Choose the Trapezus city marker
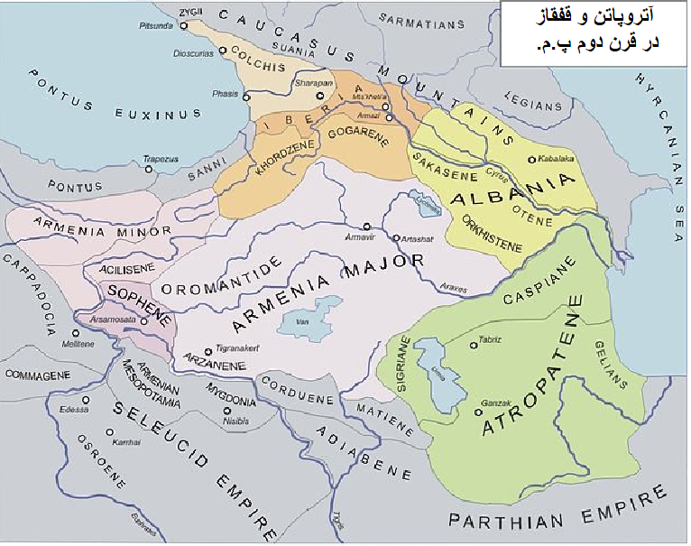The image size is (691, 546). [148, 169]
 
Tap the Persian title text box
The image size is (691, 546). [594, 33]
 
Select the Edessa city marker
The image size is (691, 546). [86, 400]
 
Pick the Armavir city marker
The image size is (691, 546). [366, 227]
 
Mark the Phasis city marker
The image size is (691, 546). [245, 97]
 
